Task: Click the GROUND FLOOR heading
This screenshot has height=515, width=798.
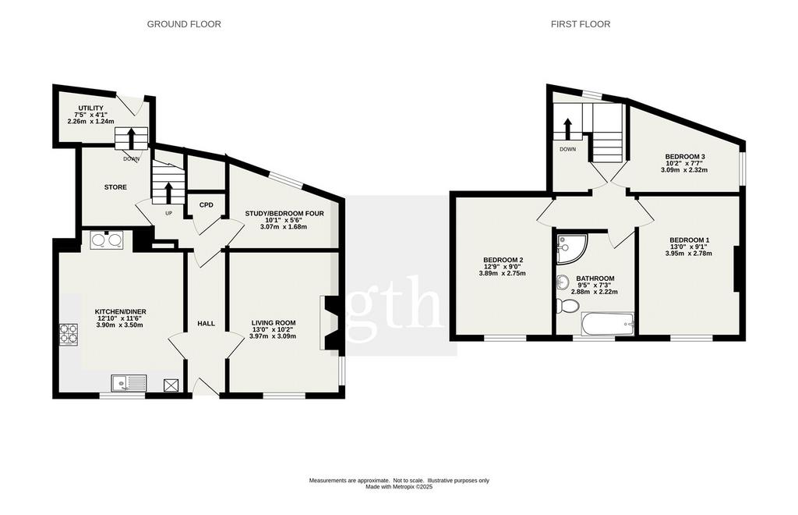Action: [184, 24]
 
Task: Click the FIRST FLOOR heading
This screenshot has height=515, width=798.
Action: [580, 24]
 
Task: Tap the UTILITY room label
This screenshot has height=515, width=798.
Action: [90, 108]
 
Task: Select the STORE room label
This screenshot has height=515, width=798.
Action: [115, 187]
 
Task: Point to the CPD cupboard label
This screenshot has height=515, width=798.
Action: [206, 204]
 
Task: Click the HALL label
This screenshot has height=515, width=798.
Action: [206, 324]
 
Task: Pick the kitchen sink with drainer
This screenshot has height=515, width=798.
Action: [129, 383]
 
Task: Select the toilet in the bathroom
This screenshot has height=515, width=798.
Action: [567, 306]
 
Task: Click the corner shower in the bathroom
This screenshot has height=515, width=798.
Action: [571, 249]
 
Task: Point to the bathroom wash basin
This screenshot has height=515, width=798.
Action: [563, 281]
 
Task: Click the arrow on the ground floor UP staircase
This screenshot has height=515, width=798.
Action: [168, 193]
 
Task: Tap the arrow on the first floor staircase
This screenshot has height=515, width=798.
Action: [567, 129]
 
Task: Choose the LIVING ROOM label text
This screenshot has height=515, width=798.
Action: [274, 322]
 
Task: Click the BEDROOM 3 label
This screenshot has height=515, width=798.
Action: [684, 156]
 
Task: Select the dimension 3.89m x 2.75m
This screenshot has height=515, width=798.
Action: [503, 274]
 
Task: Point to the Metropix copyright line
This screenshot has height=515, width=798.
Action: [399, 487]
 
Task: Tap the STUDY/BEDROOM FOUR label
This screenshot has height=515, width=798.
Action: [284, 214]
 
